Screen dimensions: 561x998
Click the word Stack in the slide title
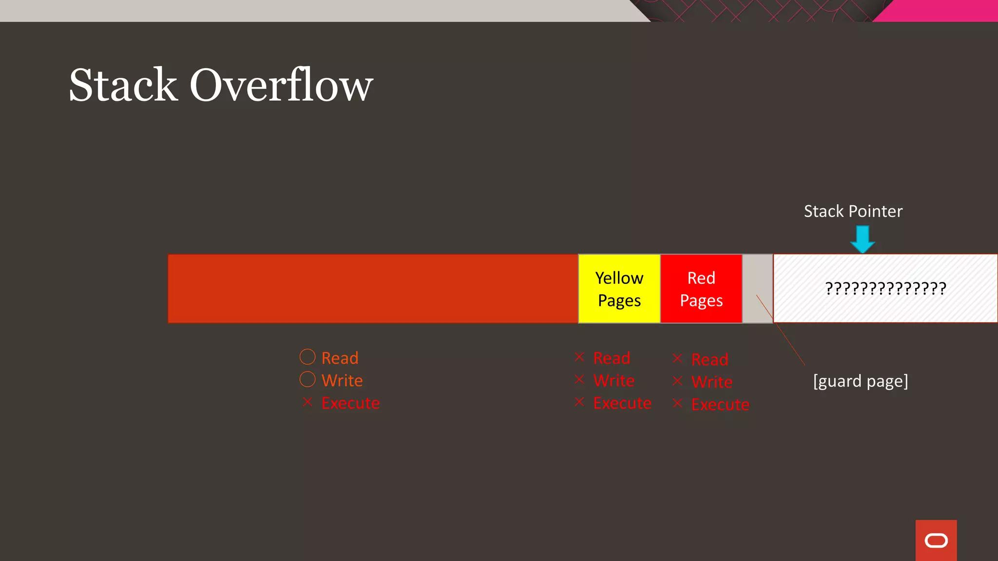(123, 85)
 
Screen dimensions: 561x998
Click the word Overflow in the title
(281, 85)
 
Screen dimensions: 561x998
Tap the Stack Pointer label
(853, 211)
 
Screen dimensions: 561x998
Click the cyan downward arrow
(863, 239)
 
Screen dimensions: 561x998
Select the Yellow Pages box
(619, 289)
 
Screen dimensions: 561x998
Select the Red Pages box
(701, 289)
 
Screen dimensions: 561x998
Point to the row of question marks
(885, 288)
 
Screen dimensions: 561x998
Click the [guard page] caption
(861, 381)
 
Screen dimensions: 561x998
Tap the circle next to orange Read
(307, 357)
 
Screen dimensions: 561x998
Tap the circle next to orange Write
(307, 379)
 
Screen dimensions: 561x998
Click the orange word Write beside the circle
(342, 380)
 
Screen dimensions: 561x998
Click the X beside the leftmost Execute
(307, 402)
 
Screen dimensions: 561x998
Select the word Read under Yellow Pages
(612, 358)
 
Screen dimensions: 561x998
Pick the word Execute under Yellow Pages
(622, 403)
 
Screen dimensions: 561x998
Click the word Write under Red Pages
(711, 382)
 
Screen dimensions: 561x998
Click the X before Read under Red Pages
(677, 358)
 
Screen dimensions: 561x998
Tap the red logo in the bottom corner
(936, 541)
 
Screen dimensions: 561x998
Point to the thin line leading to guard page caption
(785, 336)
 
